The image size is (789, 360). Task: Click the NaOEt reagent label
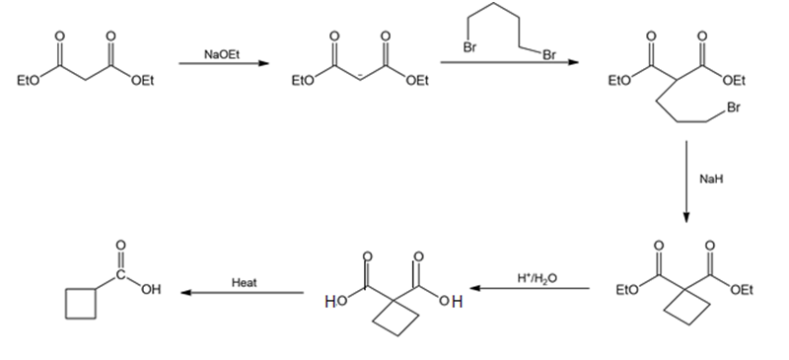tap(221, 54)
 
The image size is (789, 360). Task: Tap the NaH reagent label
tap(711, 179)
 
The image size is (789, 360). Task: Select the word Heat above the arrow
tap(244, 282)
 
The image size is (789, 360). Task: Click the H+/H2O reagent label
tap(537, 277)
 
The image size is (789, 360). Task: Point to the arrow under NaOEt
tap(224, 63)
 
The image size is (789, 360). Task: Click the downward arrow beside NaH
tap(686, 181)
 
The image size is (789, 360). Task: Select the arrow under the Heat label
tap(242, 293)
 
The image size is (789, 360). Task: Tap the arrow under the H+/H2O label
tap(530, 289)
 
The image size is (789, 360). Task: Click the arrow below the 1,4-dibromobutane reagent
tap(510, 62)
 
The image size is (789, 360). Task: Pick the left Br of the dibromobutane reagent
tap(469, 47)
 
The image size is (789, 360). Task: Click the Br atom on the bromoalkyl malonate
tap(734, 108)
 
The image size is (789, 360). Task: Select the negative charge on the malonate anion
tap(360, 76)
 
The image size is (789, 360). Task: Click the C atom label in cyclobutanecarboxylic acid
tap(120, 275)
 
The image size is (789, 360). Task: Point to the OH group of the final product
tap(151, 290)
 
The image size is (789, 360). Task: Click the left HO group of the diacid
tap(336, 302)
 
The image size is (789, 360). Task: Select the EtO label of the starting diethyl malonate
tap(29, 81)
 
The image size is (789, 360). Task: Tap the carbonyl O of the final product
tap(120, 246)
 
